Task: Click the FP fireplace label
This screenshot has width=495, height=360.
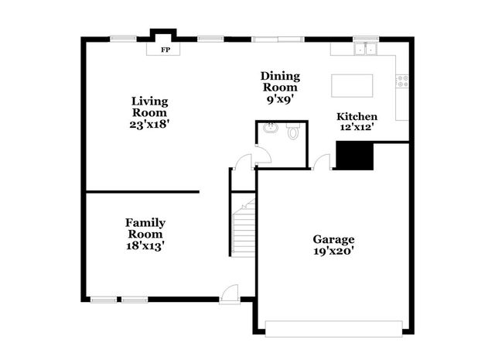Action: click(166, 50)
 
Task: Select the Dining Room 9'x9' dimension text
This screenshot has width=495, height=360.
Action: click(280, 99)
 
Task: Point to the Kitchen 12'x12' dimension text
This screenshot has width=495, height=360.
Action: click(357, 127)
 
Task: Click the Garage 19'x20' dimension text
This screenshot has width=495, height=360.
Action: click(333, 251)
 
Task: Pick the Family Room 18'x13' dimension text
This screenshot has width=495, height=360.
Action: click(145, 245)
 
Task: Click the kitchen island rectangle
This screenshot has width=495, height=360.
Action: click(352, 86)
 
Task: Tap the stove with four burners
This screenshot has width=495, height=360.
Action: click(402, 81)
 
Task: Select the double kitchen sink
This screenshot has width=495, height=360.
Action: click(366, 49)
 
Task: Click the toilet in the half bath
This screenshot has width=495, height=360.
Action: click(294, 131)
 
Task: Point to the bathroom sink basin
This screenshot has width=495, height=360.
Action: click(271, 128)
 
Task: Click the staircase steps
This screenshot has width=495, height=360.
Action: click(244, 228)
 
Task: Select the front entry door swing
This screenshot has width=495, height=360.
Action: click(230, 294)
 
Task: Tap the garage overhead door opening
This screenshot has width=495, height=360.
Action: click(333, 329)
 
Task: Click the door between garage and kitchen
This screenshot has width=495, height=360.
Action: click(322, 162)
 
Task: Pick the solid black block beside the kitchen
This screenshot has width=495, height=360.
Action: click(354, 156)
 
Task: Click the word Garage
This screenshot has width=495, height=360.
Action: click(333, 239)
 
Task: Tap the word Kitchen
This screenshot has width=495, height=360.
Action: click(357, 116)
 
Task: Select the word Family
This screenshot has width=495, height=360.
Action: click(145, 222)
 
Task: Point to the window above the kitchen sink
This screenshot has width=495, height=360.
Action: click(366, 39)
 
